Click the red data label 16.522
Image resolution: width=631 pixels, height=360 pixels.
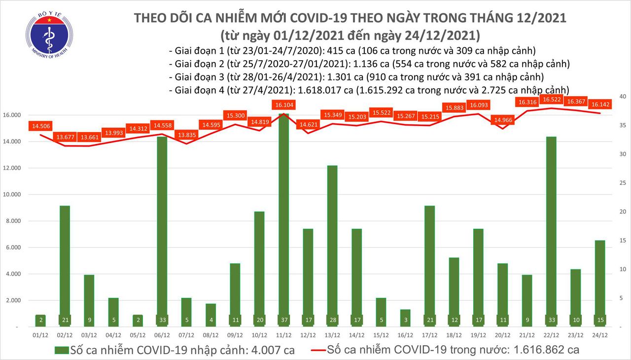(551, 100)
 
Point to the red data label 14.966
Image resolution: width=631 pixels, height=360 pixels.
(503, 119)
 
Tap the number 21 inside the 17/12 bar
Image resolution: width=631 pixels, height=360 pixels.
(430, 320)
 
